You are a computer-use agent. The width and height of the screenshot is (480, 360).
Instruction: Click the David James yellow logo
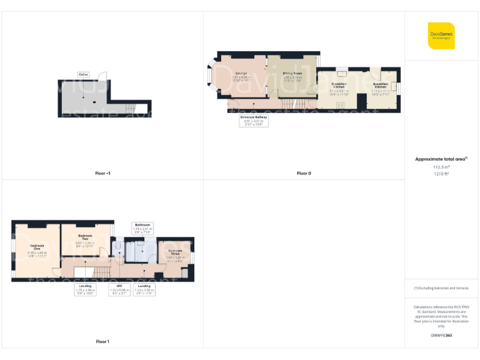441,35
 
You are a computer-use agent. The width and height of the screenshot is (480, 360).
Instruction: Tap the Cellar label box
83,75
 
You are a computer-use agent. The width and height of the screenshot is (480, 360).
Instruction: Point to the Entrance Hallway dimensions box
254,121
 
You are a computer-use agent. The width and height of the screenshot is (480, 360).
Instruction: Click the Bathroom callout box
142,227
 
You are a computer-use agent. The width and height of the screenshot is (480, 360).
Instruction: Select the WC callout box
119,288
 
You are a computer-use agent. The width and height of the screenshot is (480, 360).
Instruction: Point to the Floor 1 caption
102,341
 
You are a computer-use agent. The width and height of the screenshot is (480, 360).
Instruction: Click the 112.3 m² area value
441,167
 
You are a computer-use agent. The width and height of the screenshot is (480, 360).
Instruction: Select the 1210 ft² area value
441,174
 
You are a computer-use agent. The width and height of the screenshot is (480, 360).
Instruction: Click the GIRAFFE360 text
441,336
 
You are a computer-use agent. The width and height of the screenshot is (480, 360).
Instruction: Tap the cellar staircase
129,110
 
